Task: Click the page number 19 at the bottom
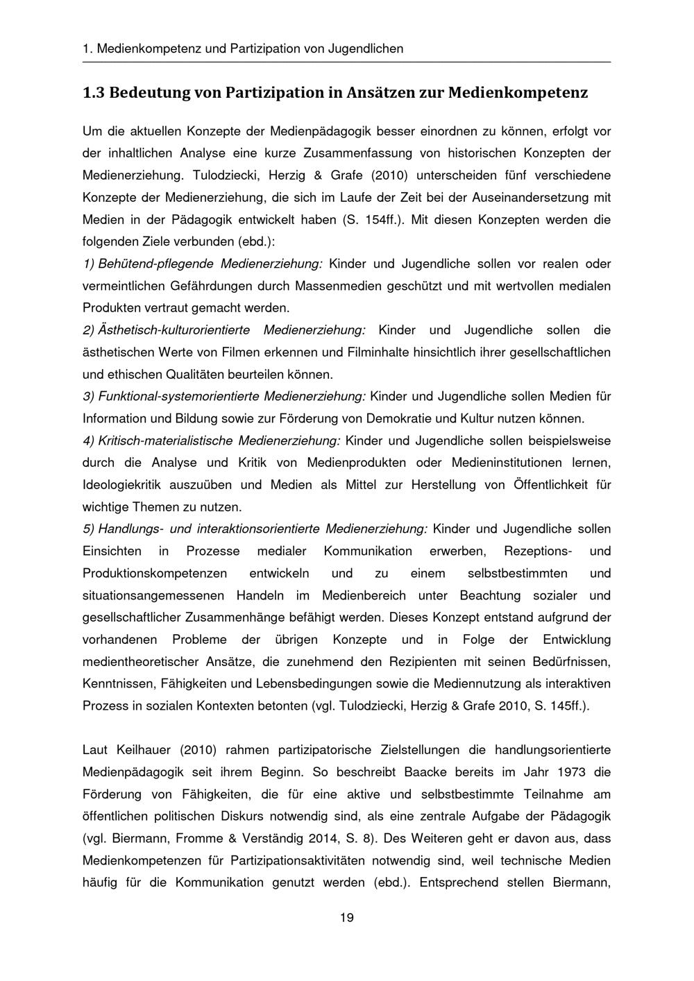click(347, 918)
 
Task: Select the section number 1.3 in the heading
click(92, 92)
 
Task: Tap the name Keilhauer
click(149, 750)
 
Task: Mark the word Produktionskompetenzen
click(155, 573)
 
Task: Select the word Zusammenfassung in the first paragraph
click(348, 153)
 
